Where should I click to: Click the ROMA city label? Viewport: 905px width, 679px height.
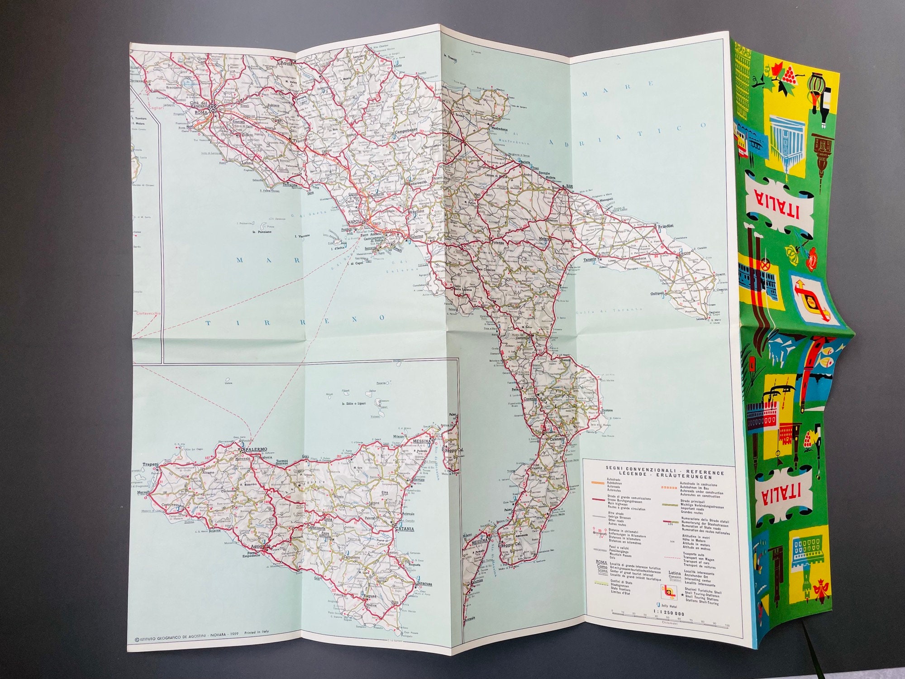pyautogui.click(x=200, y=112)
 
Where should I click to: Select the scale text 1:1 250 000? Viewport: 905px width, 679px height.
pyautogui.click(x=669, y=613)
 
